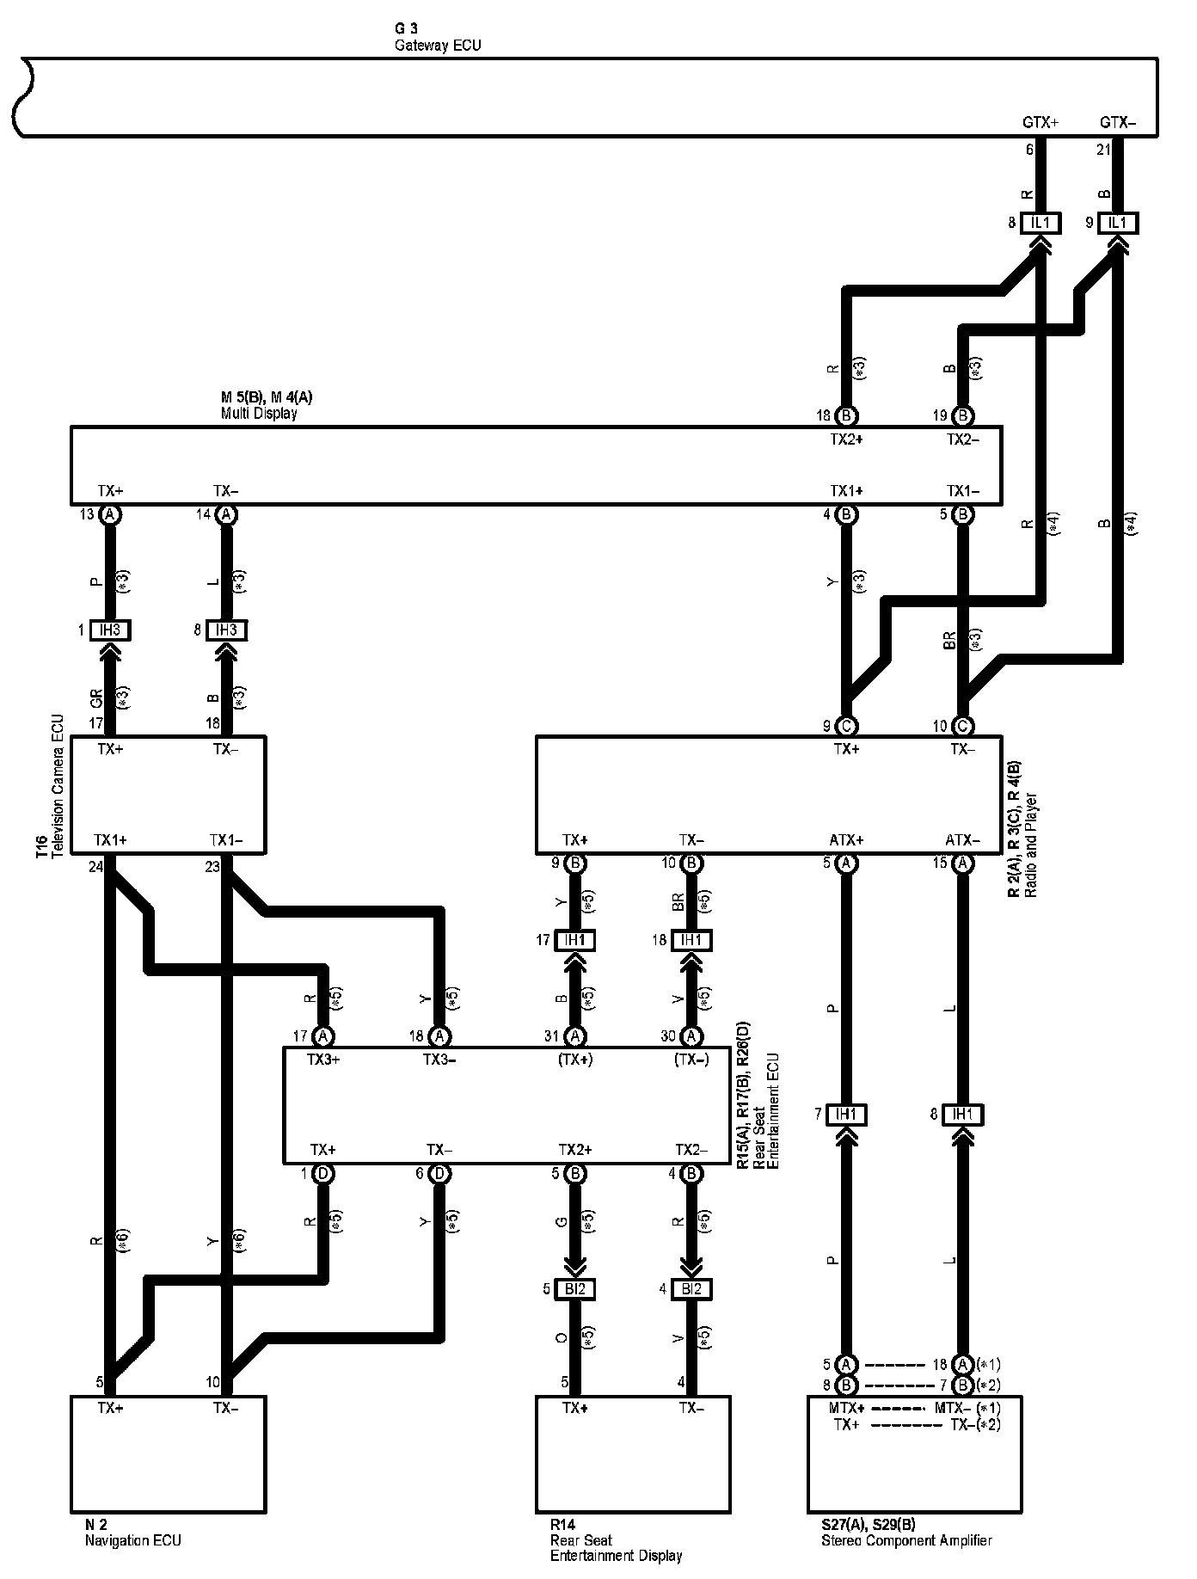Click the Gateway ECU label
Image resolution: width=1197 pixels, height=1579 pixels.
tap(438, 46)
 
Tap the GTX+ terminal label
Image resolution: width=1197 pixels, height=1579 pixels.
tap(1040, 123)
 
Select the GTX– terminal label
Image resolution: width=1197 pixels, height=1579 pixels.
tap(1117, 123)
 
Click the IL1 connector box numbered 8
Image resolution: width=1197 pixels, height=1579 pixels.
tap(1040, 224)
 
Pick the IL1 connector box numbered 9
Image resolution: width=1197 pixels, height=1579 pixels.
tap(1117, 224)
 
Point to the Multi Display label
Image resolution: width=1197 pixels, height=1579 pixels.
tap(259, 414)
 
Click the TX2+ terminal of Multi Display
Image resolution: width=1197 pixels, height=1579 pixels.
tap(846, 439)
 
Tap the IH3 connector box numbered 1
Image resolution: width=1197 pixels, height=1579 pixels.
tap(110, 630)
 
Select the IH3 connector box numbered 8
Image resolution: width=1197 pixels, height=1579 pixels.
tap(226, 630)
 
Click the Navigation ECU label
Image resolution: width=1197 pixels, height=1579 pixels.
tap(132, 1540)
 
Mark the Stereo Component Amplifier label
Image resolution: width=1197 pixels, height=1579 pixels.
tap(906, 1540)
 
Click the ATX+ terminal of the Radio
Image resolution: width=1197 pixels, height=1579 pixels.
tap(846, 840)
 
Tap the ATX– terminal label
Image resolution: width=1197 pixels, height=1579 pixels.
tap(962, 840)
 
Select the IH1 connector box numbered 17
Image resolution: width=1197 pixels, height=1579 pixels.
tap(574, 940)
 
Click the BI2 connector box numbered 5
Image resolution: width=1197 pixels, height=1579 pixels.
tap(574, 1289)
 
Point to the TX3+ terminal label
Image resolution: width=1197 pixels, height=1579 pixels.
tap(323, 1060)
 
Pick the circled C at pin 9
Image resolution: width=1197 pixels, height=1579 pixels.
tap(846, 726)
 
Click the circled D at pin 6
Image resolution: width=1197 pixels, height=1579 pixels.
tap(439, 1174)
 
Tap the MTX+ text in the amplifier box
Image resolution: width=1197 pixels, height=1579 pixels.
tap(848, 1408)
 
